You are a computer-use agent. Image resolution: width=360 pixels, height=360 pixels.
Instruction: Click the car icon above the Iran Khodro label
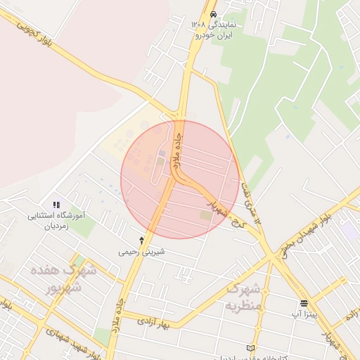[x=213, y=13]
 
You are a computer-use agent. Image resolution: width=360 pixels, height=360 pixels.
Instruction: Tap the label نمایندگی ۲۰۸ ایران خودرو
[x=214, y=29]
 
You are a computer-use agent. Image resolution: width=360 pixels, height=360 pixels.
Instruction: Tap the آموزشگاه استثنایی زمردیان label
[x=56, y=221]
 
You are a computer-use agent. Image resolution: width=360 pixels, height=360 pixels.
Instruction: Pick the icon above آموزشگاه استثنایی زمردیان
[x=56, y=204]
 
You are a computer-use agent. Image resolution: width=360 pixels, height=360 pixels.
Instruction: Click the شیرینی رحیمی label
[x=142, y=251]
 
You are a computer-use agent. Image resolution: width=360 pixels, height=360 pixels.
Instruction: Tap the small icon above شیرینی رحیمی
[x=142, y=240]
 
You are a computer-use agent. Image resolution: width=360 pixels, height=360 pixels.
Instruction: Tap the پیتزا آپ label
[x=307, y=315]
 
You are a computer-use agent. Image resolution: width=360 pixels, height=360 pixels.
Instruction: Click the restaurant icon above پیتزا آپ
[x=304, y=304]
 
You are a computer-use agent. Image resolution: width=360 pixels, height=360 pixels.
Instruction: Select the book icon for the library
[x=252, y=348]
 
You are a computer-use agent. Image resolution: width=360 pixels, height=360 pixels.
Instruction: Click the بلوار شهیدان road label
[x=304, y=232]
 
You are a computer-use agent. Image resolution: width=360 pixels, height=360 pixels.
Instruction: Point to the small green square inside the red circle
[x=205, y=214]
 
